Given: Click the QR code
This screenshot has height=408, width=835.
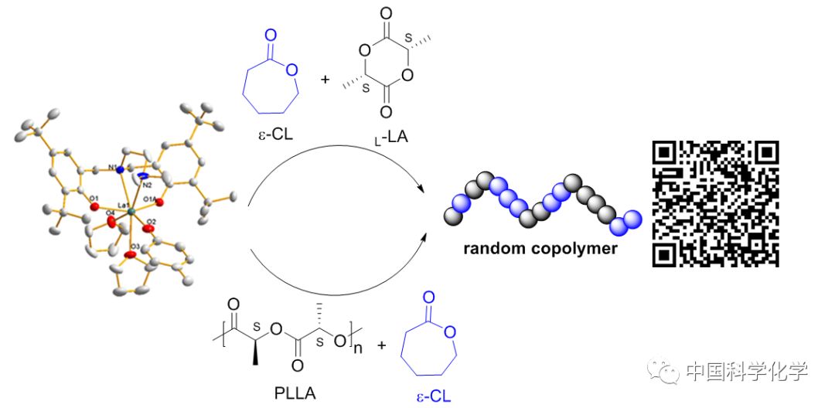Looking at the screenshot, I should click(715, 204).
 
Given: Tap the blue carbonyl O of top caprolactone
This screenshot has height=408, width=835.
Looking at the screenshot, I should click(269, 36).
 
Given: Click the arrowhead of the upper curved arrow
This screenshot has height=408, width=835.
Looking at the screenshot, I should click(423, 189).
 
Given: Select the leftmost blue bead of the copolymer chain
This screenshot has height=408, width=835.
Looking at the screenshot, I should click(459, 204).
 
